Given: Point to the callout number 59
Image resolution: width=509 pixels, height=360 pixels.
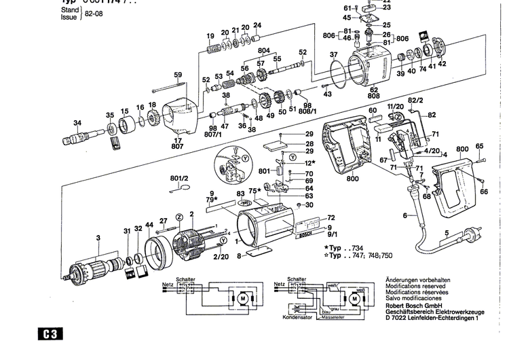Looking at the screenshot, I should (x=177, y=75).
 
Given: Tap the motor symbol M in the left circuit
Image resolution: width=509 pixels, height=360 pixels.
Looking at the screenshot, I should (x=240, y=297).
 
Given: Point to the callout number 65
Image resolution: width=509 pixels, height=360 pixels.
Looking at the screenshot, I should (x=480, y=146).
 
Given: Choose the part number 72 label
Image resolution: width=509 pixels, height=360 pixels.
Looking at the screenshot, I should (x=331, y=217).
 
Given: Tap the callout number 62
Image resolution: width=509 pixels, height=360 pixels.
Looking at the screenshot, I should (x=373, y=89).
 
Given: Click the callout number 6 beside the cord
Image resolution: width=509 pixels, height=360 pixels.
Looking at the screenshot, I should (x=405, y=215).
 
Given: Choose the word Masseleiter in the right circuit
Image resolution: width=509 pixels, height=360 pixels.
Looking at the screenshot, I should (x=331, y=316).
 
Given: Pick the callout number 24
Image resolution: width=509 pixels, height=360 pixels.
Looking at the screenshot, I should (x=257, y=26).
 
